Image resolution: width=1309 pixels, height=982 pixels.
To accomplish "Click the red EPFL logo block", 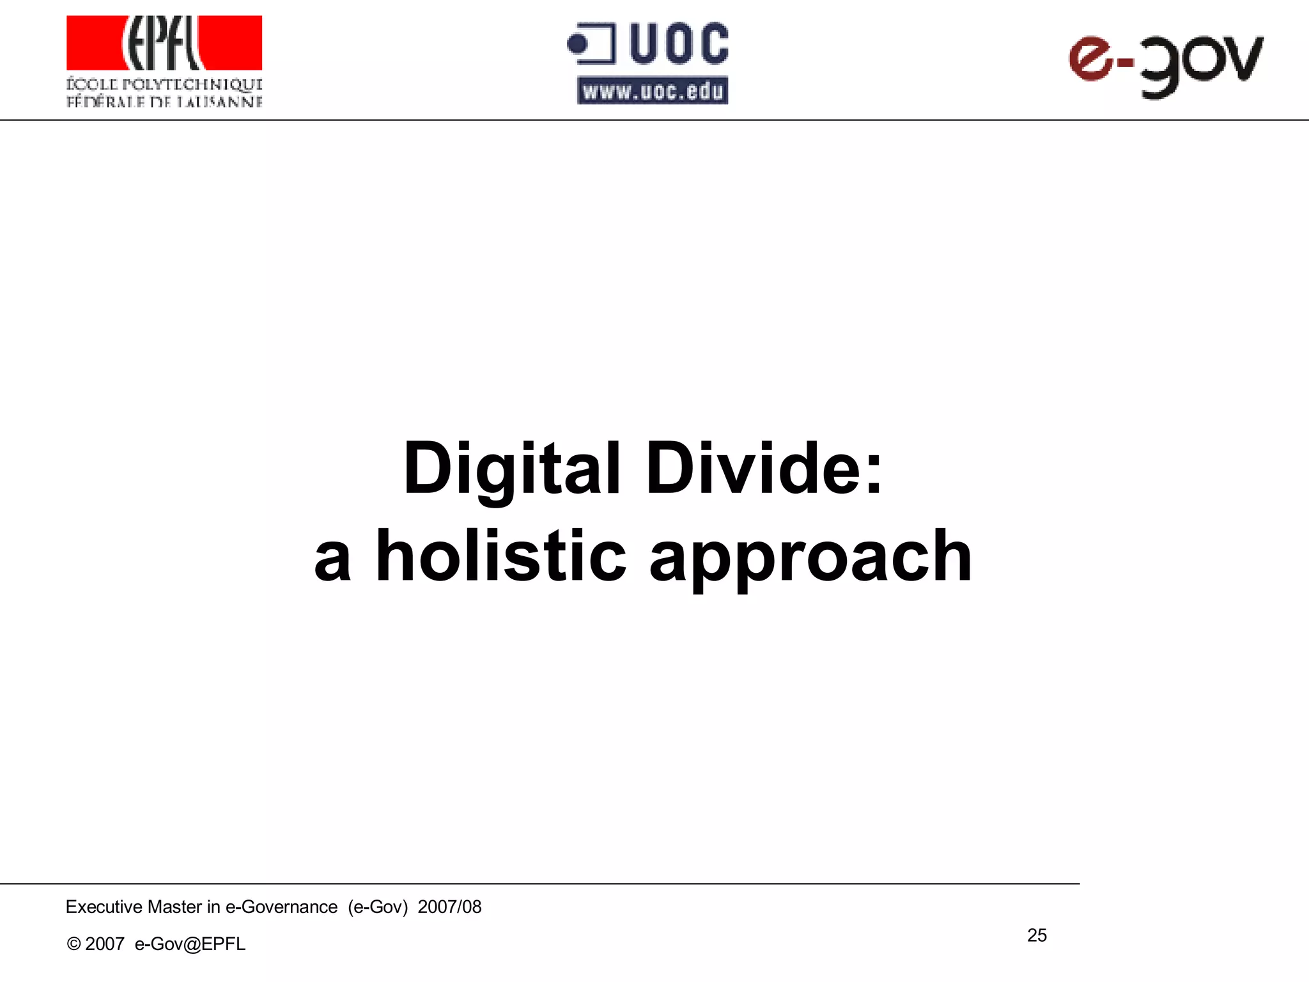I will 164,43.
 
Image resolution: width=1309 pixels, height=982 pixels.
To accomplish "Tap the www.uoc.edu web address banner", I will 653,91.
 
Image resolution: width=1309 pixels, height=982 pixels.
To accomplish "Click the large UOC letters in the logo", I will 679,43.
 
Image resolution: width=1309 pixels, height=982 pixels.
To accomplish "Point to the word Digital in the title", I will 512,470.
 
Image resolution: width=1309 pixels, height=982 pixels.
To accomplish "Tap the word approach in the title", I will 810,557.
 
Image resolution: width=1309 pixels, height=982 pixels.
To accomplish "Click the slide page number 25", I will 1037,935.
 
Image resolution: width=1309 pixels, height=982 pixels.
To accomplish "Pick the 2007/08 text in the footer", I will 449,907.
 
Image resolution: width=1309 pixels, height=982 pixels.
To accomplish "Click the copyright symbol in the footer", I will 74,944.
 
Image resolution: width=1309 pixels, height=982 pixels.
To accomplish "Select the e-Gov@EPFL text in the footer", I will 190,944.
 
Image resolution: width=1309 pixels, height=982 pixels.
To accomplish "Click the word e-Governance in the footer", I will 281,907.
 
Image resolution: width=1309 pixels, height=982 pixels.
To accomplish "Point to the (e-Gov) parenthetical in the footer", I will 378,907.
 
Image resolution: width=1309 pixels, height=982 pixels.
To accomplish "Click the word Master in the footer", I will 174,907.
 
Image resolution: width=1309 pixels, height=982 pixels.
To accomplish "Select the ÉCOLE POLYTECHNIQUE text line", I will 164,84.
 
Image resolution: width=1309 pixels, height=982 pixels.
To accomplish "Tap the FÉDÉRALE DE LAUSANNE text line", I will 164,102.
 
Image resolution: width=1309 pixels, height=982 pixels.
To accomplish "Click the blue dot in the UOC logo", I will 578,44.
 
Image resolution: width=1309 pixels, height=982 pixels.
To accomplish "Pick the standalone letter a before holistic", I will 333,559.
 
